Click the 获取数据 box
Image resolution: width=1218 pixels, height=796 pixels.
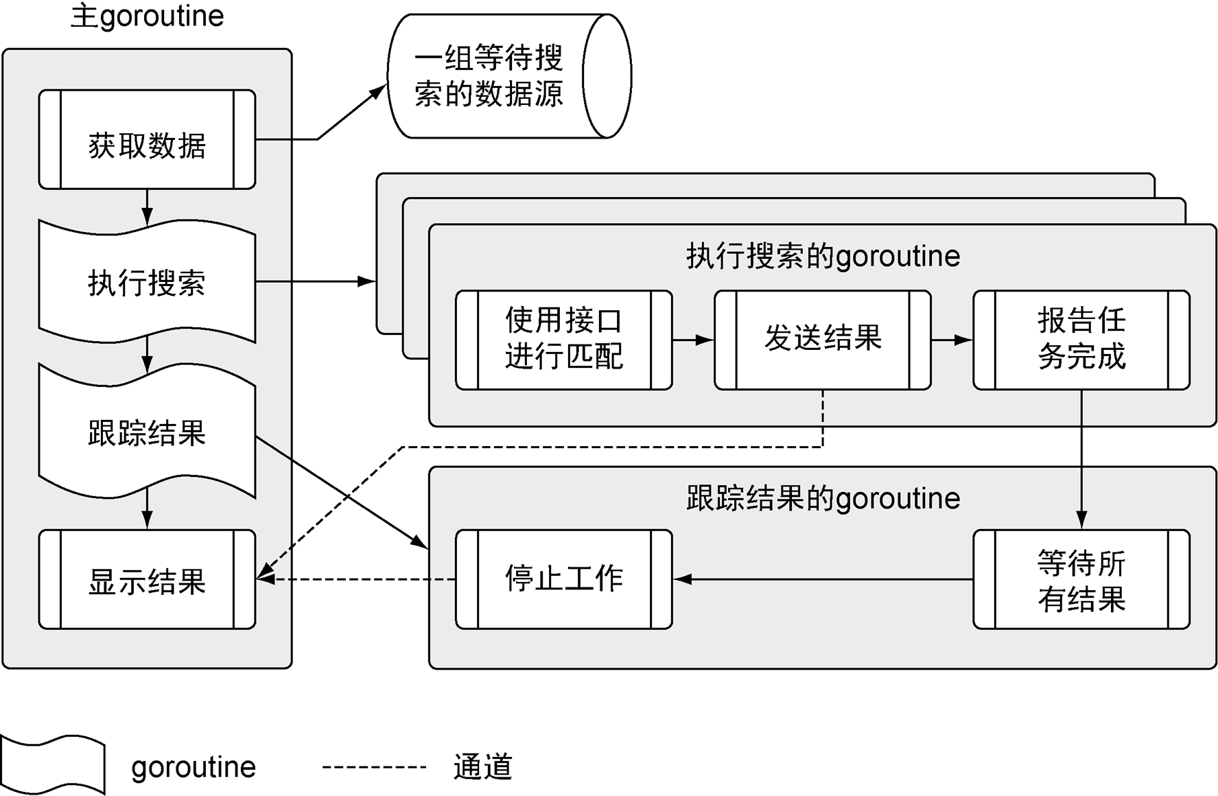[x=147, y=139]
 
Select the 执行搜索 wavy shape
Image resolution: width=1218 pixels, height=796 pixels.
[x=147, y=281]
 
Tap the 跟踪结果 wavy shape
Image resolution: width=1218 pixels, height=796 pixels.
[x=147, y=432]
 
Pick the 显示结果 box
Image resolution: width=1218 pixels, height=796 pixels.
[x=147, y=580]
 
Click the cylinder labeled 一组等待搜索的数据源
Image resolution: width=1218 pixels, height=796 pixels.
[x=508, y=76]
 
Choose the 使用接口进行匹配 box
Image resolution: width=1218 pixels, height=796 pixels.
[x=563, y=340]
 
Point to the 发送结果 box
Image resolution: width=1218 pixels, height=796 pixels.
[x=822, y=340]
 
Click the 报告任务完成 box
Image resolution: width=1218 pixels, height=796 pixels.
[x=1081, y=340]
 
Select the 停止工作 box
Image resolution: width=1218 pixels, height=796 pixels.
[x=563, y=579]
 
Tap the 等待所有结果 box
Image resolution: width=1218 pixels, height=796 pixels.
[x=1081, y=579]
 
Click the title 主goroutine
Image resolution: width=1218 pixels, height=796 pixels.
[x=147, y=17]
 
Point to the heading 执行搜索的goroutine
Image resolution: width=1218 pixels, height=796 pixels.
[x=823, y=256]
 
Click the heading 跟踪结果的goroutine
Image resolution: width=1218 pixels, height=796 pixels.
[x=823, y=498]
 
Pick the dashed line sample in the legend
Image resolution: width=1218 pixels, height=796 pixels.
[x=375, y=766]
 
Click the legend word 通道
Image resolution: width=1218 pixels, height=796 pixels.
[x=482, y=767]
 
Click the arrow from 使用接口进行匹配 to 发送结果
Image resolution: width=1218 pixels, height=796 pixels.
[x=693, y=340]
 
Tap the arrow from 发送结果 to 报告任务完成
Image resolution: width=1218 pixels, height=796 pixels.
[x=952, y=340]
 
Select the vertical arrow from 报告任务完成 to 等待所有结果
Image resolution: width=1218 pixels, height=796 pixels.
[x=1081, y=460]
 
